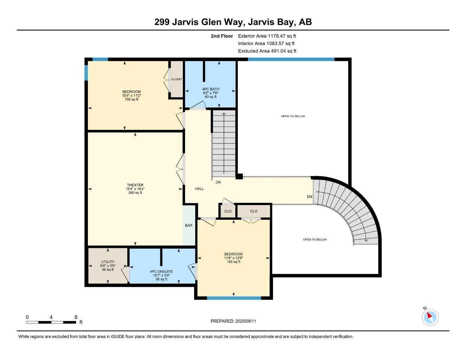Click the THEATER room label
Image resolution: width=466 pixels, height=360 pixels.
[x=135, y=185]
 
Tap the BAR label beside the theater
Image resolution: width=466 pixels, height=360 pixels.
[x=189, y=225]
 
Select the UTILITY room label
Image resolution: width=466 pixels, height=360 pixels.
[x=108, y=262]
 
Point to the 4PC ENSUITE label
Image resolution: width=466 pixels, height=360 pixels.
[x=161, y=271]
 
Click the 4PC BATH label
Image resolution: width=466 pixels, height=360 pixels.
[x=211, y=89]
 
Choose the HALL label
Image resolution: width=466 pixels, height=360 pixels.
[x=199, y=189]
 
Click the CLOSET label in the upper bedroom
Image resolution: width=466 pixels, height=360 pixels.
[x=177, y=79]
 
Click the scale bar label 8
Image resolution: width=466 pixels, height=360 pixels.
[x=76, y=317]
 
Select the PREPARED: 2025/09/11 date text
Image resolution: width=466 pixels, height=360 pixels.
[x=233, y=321]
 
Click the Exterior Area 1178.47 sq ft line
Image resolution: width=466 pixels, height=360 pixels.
[x=267, y=36]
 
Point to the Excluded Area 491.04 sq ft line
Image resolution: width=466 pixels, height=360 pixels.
[x=267, y=51]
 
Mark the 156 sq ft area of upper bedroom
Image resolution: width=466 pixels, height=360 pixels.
[x=132, y=99]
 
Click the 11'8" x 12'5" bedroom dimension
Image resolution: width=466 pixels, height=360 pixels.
[x=234, y=258]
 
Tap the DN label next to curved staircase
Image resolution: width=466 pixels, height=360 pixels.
[x=309, y=197]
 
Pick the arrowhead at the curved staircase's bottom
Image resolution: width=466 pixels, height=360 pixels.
[x=366, y=240]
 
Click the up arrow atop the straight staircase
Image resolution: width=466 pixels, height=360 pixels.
[x=224, y=114]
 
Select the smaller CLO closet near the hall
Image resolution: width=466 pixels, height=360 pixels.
[x=228, y=211]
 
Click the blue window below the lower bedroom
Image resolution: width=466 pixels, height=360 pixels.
[x=234, y=298]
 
